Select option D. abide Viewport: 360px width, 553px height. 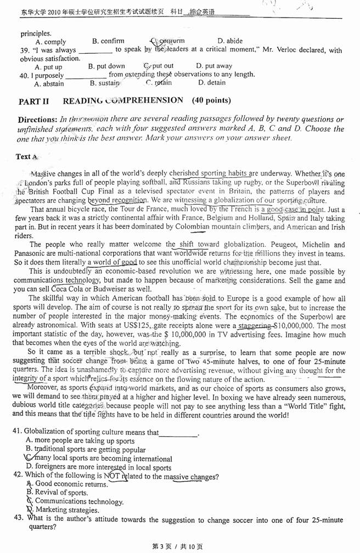[230, 41]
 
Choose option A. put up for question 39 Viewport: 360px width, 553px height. [48, 67]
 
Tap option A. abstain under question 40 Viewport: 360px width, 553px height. [49, 84]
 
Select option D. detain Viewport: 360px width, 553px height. [211, 83]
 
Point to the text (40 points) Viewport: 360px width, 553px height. [211, 100]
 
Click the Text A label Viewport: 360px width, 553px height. [25, 156]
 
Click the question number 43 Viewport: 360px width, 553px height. [18, 517]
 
